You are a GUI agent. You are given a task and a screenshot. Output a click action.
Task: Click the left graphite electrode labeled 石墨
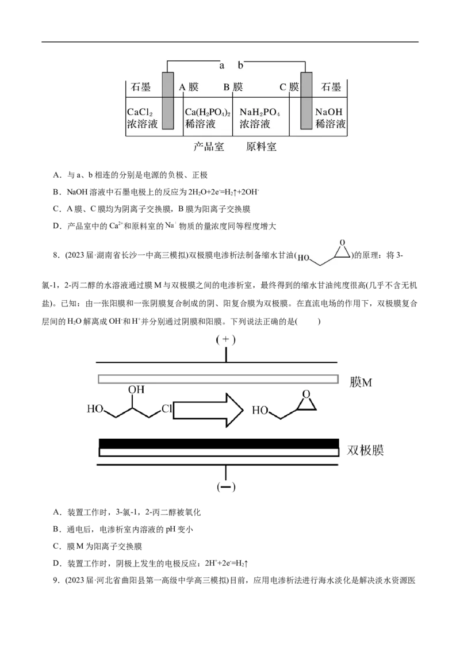tap(167, 101)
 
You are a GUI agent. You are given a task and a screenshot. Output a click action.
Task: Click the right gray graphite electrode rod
tap(306, 101)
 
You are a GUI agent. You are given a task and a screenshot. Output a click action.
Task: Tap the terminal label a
tap(221, 66)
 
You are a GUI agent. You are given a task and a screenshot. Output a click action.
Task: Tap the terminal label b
tap(241, 66)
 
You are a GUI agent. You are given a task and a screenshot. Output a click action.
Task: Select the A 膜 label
tap(189, 87)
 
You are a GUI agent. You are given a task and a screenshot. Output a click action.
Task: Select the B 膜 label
tap(233, 87)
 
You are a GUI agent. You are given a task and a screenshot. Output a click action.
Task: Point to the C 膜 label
tap(289, 87)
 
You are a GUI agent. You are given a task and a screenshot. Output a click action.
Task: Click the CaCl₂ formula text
tap(140, 113)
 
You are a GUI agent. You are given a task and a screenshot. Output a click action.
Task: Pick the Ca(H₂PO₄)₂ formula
tap(208, 113)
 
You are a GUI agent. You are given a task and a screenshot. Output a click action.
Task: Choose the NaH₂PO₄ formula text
tap(260, 113)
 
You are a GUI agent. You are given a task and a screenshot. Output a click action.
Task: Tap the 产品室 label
tap(208, 147)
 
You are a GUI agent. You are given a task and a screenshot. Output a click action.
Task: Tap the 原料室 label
tap(261, 147)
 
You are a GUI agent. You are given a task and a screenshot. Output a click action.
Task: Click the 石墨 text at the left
tap(140, 87)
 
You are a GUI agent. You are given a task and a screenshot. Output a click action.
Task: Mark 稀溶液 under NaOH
tap(331, 124)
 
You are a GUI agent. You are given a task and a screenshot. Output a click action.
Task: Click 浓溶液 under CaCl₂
tap(142, 124)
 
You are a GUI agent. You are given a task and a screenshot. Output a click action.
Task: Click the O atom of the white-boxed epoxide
tap(342, 243)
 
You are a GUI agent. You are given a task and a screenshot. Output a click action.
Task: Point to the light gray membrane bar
tap(218, 379)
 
